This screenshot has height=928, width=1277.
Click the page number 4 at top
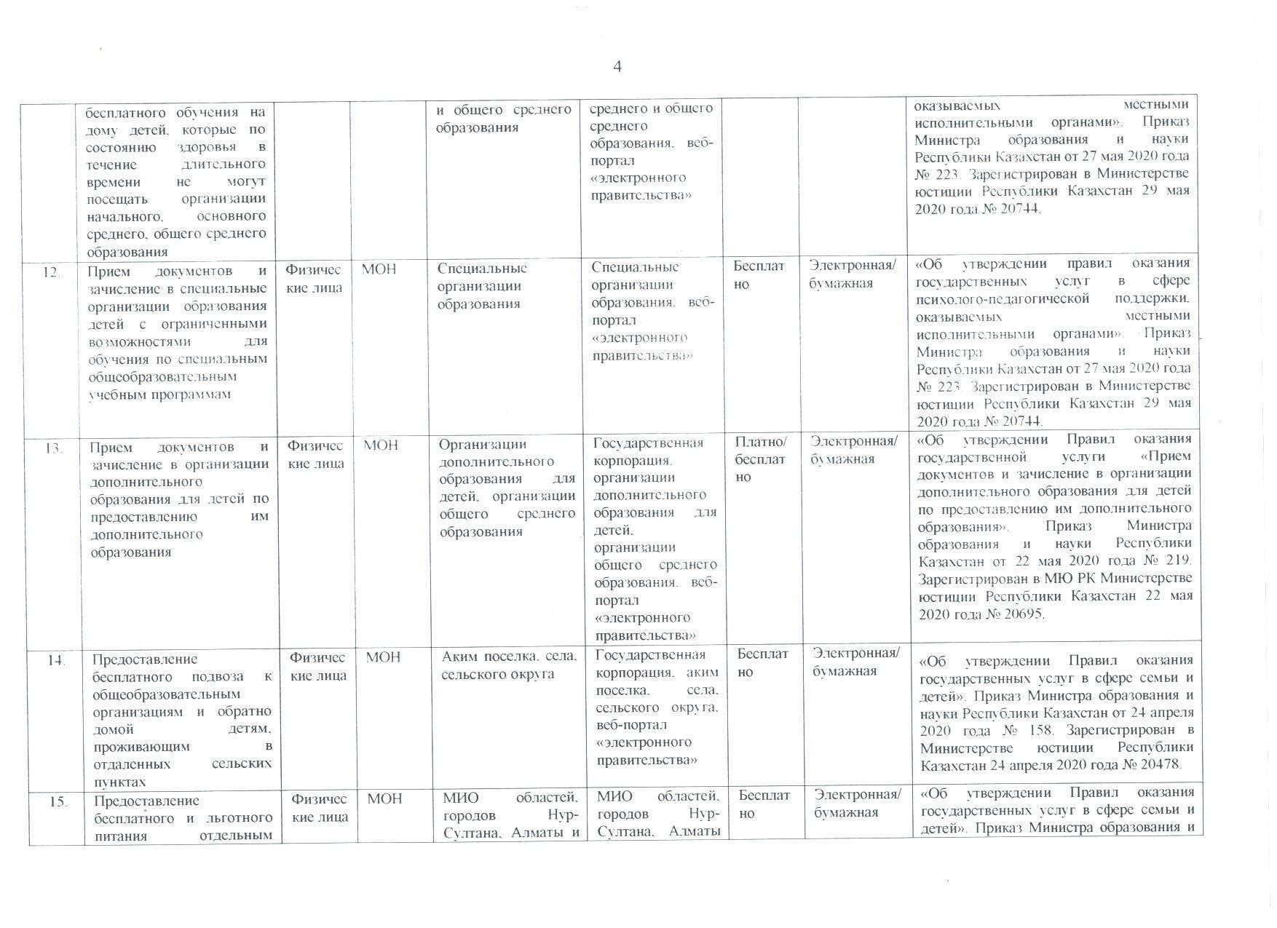tap(617, 67)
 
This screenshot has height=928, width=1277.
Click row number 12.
tap(50, 272)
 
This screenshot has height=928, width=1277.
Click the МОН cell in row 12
tap(379, 269)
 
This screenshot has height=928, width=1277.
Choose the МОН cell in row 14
tap(383, 657)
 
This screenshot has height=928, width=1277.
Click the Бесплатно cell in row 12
tap(758, 275)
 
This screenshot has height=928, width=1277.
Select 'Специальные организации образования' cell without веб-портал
tap(482, 286)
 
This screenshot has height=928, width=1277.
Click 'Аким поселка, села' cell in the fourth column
tap(510, 665)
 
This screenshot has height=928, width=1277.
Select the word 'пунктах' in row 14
tap(119, 782)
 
